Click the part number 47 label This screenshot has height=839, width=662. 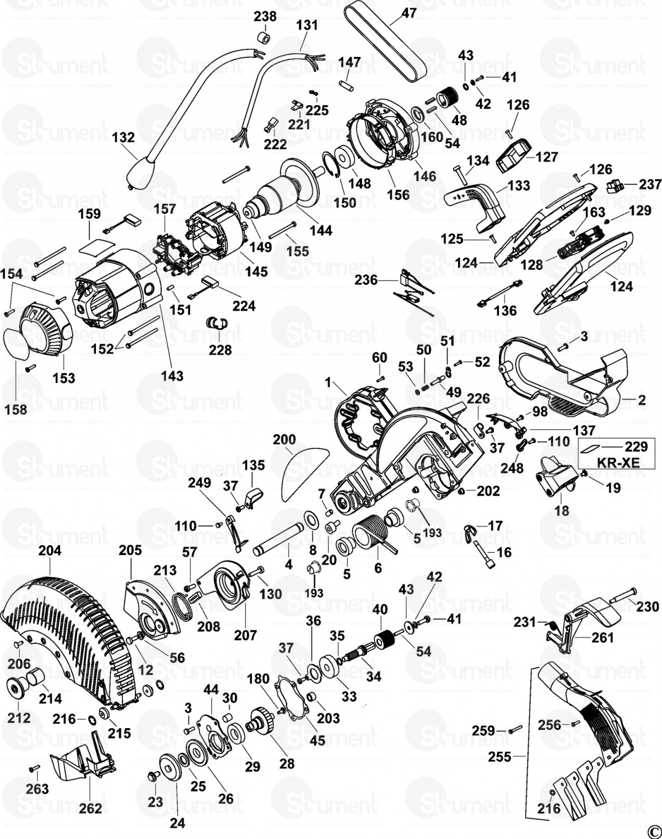tap(408, 13)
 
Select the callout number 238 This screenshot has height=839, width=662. tap(265, 17)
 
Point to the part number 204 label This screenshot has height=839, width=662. tap(50, 550)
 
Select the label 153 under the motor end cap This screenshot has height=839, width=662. tap(63, 378)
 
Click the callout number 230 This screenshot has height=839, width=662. tap(647, 606)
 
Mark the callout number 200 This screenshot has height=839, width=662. tap(284, 439)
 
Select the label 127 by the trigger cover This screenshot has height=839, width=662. tap(546, 157)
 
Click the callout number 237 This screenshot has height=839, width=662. tap(650, 184)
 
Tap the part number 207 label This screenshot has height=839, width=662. tap(245, 635)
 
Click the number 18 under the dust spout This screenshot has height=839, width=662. tap(561, 511)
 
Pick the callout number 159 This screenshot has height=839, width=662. tap(90, 214)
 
